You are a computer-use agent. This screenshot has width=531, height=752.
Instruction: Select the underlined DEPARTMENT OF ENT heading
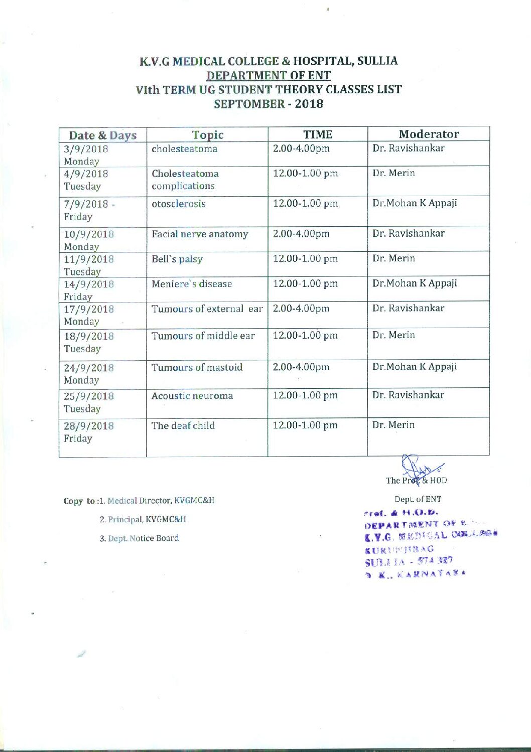click(x=269, y=76)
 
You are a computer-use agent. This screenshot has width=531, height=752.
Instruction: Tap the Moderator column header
click(x=429, y=134)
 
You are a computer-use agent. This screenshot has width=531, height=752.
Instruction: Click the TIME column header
click(x=318, y=134)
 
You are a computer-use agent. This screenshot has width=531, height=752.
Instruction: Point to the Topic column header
click(x=207, y=135)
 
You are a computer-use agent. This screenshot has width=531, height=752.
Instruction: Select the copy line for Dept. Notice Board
click(x=139, y=538)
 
